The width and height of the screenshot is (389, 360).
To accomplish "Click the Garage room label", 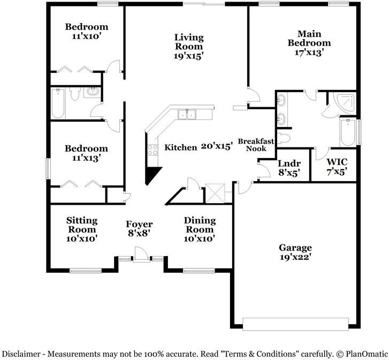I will tap(295, 252).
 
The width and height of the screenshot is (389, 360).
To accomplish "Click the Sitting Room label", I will tap(82, 229).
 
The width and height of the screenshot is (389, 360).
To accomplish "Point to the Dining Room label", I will tap(200, 229).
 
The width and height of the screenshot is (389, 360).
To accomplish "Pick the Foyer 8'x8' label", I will tap(139, 229).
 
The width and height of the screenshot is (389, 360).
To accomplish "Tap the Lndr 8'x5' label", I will tap(289, 168).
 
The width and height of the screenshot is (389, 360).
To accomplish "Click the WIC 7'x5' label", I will tap(337, 166).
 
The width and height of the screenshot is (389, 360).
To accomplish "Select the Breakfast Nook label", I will tap(256, 145).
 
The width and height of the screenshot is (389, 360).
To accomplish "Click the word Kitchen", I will tap(180, 147).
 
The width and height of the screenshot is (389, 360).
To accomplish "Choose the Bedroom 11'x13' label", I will tap(87, 153).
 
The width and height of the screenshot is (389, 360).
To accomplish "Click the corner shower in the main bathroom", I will tap(342, 102).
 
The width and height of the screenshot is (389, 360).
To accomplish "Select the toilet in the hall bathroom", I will tap(74, 95).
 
